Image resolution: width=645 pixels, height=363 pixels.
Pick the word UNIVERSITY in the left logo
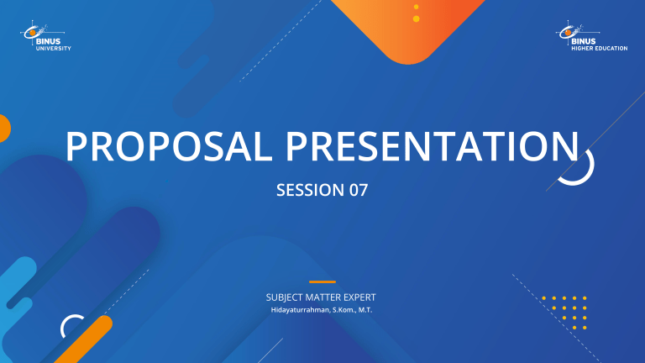coord(53,48)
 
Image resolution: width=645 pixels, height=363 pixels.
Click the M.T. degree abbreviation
coord(365,311)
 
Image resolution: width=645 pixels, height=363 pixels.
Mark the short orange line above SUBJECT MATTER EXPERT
coord(322,282)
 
